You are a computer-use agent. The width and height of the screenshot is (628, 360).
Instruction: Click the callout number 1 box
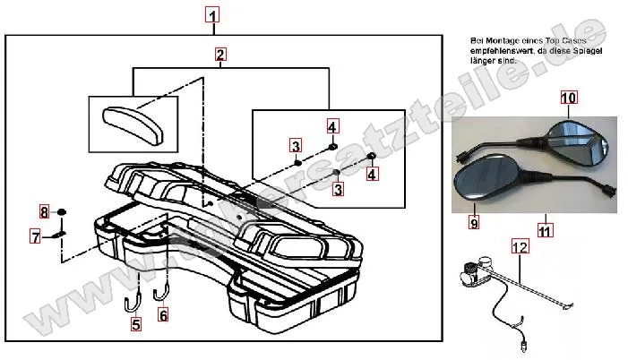point(211,15)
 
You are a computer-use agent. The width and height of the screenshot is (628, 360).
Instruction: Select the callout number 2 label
point(219,56)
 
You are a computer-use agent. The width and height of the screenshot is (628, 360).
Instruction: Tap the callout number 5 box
point(136,326)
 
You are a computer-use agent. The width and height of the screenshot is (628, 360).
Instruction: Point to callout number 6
point(162,314)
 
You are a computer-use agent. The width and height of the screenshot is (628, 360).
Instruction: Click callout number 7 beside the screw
point(36,237)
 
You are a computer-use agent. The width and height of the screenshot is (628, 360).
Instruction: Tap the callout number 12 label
point(520,244)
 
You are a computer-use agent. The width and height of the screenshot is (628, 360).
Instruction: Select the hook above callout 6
point(164,290)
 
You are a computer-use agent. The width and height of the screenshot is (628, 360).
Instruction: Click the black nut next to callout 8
point(62,212)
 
